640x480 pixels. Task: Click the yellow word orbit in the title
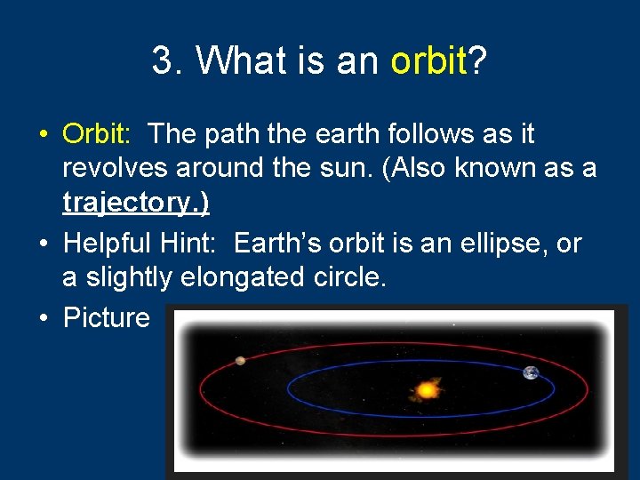point(429,61)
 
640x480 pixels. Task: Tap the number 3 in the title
point(163,61)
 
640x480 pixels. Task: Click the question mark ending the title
point(478,61)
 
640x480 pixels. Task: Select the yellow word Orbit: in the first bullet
point(97,134)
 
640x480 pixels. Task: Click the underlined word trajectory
point(136,203)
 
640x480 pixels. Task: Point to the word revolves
point(119,168)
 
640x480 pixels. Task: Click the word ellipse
point(484,243)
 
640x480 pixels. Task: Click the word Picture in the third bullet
point(107,317)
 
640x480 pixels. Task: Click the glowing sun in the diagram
point(426,388)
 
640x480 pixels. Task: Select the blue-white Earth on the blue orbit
point(531,373)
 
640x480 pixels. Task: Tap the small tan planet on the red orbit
point(240,360)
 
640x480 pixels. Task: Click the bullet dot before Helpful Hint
point(43,244)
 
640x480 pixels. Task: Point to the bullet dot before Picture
point(43,318)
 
